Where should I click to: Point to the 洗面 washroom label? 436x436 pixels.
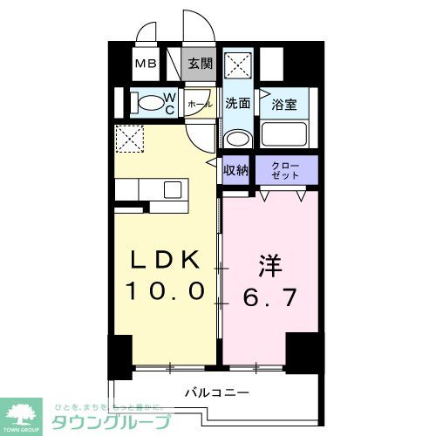click(237, 102)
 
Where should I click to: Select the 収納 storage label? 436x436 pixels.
click(237, 169)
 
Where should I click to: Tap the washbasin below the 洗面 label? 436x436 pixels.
click(236, 136)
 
